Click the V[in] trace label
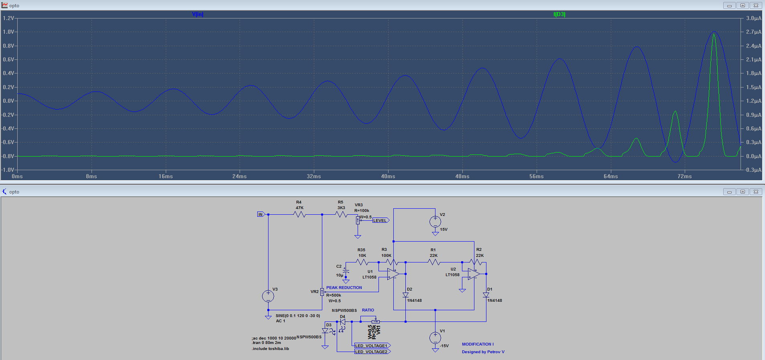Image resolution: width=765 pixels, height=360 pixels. (x=197, y=14)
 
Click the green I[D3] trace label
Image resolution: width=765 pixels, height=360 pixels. (x=559, y=14)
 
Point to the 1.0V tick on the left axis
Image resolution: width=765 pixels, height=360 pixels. (x=8, y=32)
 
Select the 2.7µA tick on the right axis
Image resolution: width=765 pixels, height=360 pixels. (x=753, y=32)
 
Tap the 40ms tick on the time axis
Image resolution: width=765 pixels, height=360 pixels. (x=388, y=176)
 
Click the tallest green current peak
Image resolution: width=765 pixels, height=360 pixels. (x=714, y=35)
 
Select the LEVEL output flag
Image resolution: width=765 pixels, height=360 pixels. (x=380, y=220)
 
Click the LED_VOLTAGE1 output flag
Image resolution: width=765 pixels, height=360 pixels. (x=372, y=346)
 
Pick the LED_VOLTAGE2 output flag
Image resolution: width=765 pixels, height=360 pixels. (x=372, y=352)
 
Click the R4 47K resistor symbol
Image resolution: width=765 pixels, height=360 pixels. (x=300, y=215)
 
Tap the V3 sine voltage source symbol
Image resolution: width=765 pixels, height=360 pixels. (x=268, y=296)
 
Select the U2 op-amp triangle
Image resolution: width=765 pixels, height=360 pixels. (x=474, y=274)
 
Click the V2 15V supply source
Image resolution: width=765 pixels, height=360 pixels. (x=435, y=222)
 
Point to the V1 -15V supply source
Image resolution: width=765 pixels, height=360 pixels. (x=435, y=338)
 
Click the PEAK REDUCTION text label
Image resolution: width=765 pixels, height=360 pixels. (x=344, y=288)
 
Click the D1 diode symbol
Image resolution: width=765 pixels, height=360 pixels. (x=486, y=295)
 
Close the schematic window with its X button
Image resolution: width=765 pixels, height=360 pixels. (x=755, y=192)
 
